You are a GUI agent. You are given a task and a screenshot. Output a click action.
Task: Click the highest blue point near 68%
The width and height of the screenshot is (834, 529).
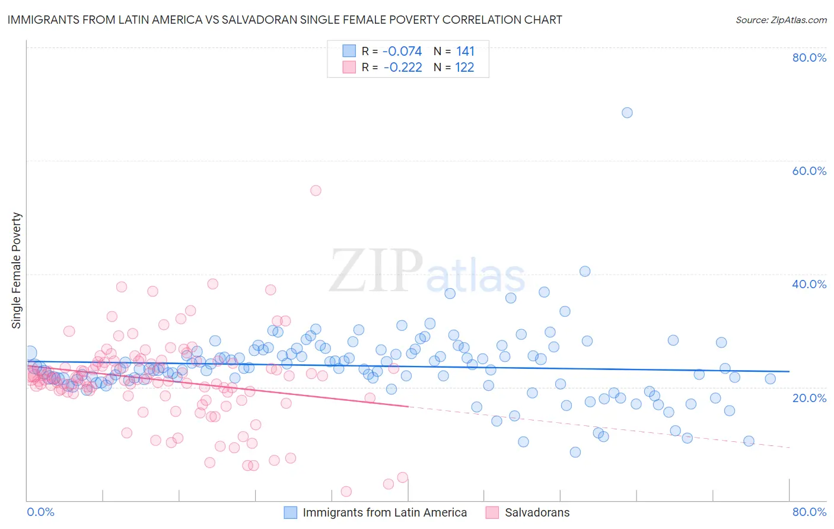[627, 113]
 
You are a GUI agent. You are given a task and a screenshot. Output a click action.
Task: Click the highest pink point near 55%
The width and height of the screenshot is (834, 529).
[316, 190]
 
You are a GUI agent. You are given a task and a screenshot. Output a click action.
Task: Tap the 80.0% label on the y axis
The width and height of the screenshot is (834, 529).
[809, 58]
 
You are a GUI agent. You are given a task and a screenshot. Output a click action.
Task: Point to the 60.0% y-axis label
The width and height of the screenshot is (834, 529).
[809, 171]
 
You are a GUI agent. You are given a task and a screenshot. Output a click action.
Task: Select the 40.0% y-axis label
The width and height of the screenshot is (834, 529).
[809, 284]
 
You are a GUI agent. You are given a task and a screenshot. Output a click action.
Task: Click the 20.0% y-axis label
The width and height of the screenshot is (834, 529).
[809, 398]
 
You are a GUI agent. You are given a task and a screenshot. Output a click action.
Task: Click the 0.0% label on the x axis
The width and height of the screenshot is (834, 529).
[40, 512]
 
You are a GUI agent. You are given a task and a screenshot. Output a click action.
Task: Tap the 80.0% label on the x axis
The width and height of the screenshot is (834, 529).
[809, 512]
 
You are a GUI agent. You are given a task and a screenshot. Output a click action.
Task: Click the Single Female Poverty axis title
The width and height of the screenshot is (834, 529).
[17, 270]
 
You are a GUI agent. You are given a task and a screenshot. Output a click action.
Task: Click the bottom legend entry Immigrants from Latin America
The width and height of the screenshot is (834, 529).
[384, 512]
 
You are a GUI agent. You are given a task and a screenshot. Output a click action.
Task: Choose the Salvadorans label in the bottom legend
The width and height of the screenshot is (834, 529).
[537, 512]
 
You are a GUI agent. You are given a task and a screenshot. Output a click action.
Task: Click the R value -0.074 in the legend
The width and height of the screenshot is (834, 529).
[402, 52]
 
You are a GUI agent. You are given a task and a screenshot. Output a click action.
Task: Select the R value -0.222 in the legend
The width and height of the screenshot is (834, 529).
[403, 68]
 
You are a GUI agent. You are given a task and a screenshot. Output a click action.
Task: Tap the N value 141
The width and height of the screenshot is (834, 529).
[465, 52]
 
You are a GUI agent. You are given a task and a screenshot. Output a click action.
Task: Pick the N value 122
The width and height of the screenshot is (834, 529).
[464, 68]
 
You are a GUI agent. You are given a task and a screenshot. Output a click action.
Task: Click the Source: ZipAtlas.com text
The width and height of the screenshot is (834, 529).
[781, 20]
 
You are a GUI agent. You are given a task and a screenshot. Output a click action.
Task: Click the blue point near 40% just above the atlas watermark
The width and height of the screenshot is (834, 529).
[585, 271]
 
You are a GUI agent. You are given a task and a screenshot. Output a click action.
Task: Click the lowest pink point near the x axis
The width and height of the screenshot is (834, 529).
[346, 491]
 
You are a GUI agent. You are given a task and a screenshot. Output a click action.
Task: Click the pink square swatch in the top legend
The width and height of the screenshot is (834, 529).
[349, 68]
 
